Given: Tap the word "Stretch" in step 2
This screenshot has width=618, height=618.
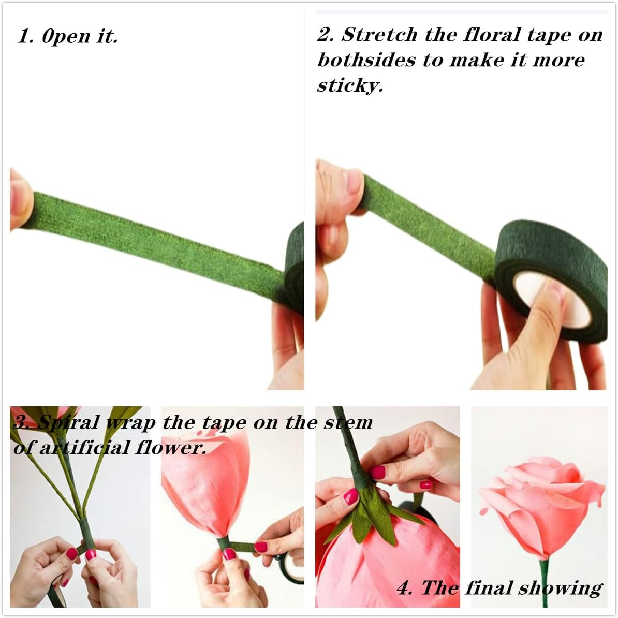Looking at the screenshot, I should tap(379, 35).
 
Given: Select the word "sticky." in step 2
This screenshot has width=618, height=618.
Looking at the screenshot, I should tap(350, 85).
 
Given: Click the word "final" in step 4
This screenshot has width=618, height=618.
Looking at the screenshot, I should tap(488, 588).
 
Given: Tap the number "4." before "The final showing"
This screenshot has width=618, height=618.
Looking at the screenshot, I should tap(405, 588).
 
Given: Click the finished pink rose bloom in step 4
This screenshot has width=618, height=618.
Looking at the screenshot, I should tap(538, 497).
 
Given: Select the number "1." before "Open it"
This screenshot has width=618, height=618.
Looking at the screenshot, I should tap(26, 37).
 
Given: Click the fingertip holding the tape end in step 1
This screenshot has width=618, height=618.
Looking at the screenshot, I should tap(20, 199).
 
